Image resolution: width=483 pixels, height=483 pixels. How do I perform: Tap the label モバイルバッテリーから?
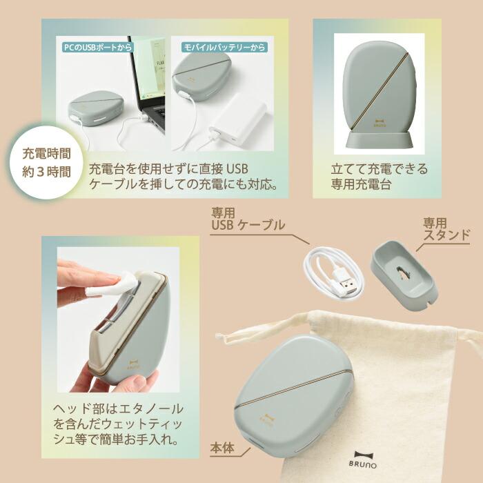click(x=224, y=48)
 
